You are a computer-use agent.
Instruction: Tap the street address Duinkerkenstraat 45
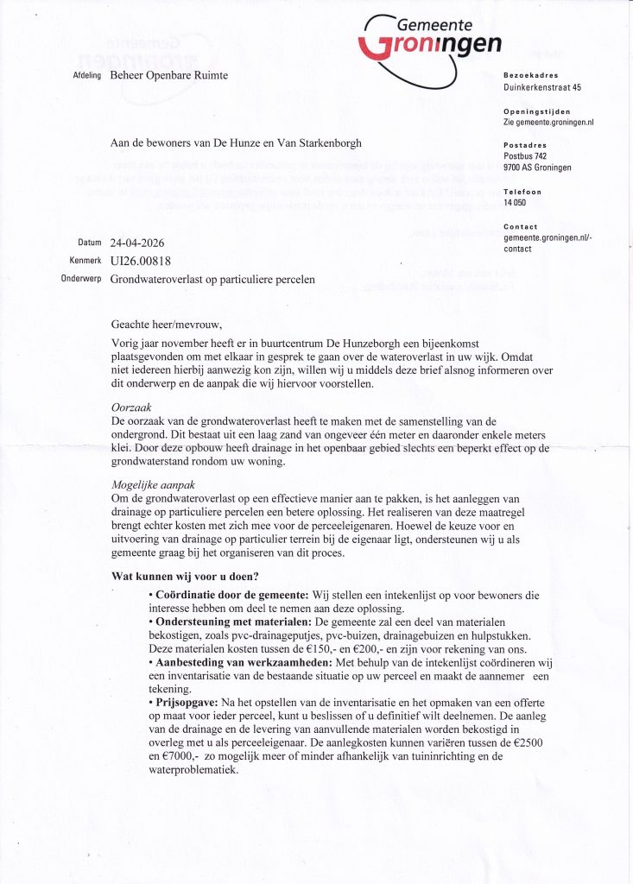click(x=541, y=87)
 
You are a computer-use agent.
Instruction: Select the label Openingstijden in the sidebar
click(x=536, y=112)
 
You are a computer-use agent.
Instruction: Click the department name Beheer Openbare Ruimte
click(x=169, y=77)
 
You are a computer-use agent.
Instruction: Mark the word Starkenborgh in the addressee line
click(x=322, y=142)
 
